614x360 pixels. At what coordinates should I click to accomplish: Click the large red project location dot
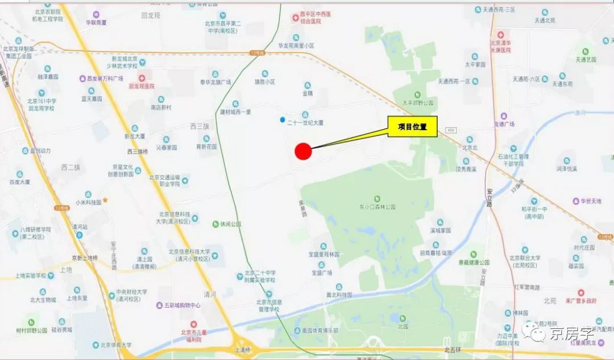click(x=304, y=151)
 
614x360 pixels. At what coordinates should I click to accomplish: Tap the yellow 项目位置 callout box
click(x=412, y=127)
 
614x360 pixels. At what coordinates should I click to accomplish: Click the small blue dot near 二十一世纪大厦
click(x=283, y=119)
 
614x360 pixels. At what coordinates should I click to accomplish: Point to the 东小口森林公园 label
click(x=377, y=207)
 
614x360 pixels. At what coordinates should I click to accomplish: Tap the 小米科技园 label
click(x=88, y=202)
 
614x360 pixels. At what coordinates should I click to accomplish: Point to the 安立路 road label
click(x=488, y=196)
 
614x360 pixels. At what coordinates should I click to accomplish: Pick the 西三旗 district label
click(x=200, y=126)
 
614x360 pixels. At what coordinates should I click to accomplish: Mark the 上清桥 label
click(x=242, y=349)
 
